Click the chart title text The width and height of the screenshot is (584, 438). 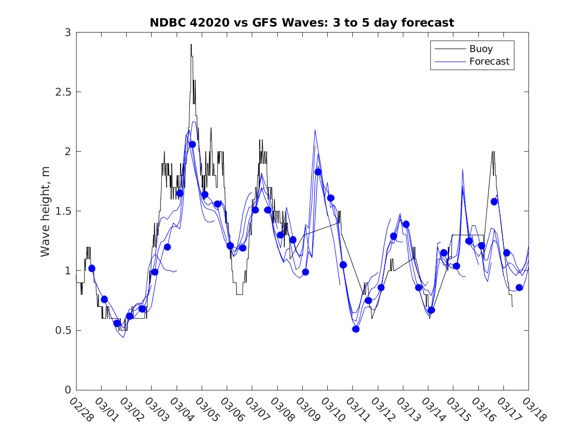[302, 23]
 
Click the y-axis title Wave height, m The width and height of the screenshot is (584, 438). [46, 211]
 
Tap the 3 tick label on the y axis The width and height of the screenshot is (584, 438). [67, 33]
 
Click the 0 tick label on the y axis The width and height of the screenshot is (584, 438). [67, 390]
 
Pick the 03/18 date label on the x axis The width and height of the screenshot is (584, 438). [531, 410]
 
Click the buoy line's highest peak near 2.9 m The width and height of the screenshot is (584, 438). [191, 45]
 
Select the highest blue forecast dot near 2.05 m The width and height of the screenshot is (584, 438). [192, 145]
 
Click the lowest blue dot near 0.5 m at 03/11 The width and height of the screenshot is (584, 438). [356, 329]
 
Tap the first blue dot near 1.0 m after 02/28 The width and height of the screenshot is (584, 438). [92, 268]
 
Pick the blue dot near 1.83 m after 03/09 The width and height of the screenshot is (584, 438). [318, 172]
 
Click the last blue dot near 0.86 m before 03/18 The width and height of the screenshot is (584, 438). [519, 287]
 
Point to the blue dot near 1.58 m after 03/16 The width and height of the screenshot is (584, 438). [494, 202]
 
